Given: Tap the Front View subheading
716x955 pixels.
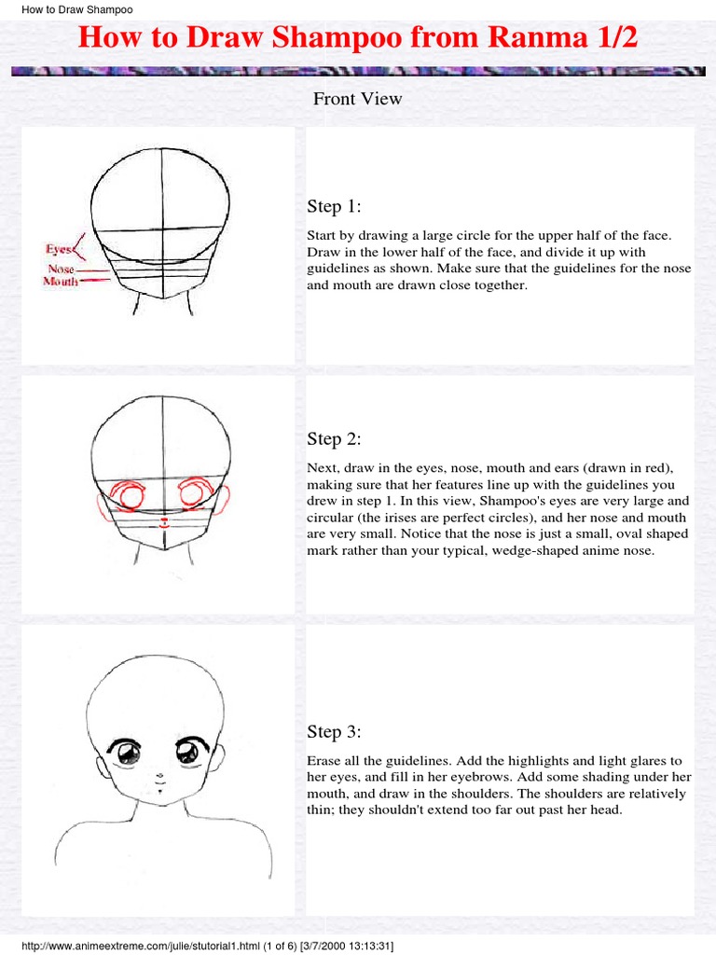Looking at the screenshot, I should click(357, 98).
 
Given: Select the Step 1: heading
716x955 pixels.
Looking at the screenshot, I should click(334, 206).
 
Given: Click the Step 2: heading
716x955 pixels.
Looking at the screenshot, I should click(334, 438).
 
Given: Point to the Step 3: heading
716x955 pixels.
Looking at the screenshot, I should click(334, 731).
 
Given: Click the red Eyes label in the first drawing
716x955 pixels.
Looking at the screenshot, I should click(60, 249).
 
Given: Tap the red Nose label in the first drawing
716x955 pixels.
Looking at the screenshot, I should click(62, 269).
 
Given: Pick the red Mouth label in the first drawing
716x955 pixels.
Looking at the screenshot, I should click(61, 281).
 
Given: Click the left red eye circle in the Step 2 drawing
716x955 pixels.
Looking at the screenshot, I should click(130, 494).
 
